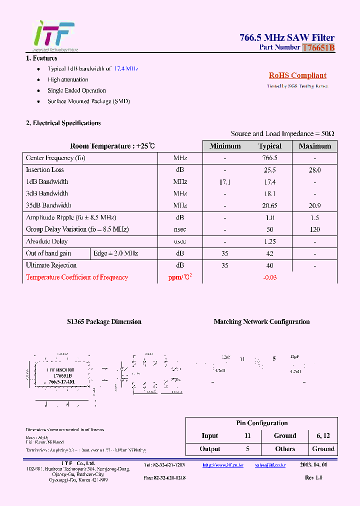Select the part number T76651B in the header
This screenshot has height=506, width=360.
point(318,47)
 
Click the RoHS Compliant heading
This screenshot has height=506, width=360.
point(297,75)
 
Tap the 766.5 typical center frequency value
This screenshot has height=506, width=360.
point(270,158)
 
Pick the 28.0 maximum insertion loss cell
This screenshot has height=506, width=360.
point(314,170)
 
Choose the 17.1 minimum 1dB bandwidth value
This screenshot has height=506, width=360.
point(225,182)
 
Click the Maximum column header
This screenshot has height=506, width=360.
point(314,146)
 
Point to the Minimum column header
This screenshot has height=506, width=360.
point(225,146)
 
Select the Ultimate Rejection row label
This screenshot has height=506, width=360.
point(51,265)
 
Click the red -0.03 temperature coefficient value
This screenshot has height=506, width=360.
point(270,277)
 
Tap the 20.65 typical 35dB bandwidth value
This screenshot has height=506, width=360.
point(270,205)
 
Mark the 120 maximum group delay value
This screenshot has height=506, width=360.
point(314,229)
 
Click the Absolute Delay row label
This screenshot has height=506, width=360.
point(46,241)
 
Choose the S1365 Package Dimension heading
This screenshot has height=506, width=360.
point(104,322)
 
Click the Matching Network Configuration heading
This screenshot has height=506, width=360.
point(261,322)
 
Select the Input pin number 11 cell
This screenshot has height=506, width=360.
point(247,436)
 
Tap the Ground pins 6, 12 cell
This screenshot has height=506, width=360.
point(323,436)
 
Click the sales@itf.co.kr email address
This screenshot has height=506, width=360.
point(270,465)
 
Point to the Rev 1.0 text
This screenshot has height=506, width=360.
point(313,478)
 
